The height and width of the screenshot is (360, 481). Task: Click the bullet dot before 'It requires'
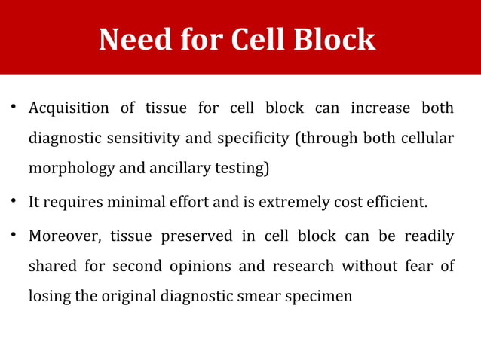(14, 203)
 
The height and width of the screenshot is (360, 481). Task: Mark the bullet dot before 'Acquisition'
(14, 110)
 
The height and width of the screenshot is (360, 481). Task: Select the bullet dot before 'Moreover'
(14, 236)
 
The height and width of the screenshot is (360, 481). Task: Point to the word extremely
(289, 203)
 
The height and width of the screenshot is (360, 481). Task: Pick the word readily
(429, 236)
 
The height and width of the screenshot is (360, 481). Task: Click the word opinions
(179, 267)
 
